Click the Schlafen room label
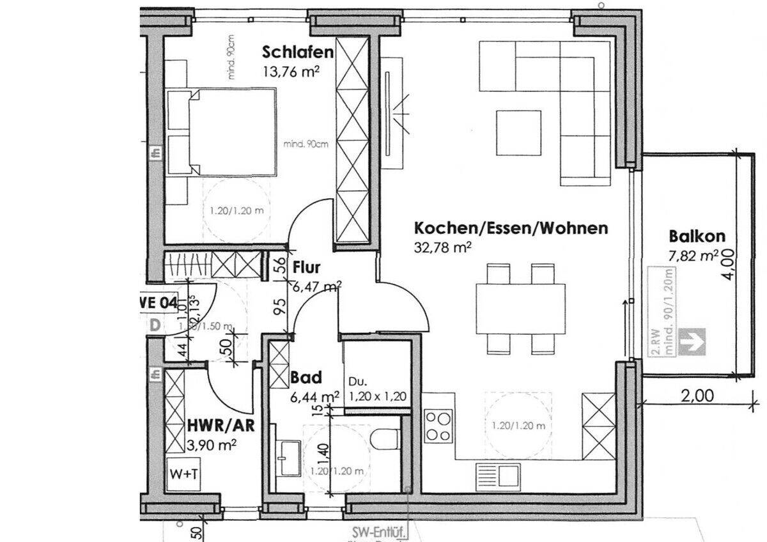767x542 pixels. tap(298, 52)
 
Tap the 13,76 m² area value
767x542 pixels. tap(291, 72)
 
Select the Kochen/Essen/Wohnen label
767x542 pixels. tap(511, 228)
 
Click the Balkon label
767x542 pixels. tap(693, 235)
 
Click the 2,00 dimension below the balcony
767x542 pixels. tap(697, 396)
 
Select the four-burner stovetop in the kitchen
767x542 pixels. tap(438, 425)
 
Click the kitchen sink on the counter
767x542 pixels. tap(499, 475)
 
